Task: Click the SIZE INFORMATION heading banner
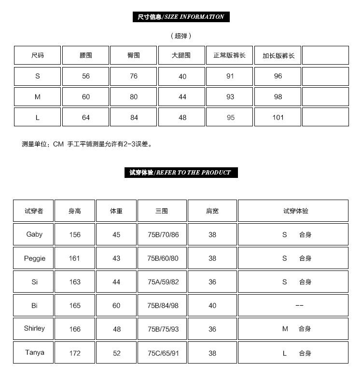point(181,17)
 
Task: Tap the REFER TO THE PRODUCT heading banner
point(181,173)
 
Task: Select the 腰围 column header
point(86,55)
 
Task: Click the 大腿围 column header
point(181,55)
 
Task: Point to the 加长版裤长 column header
point(278,55)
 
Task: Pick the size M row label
point(38,97)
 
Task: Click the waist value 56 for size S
point(86,76)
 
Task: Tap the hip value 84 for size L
point(134,118)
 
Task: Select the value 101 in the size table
point(278,118)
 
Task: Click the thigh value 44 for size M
point(182,97)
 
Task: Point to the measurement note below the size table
point(87,144)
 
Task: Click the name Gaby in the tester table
point(34,235)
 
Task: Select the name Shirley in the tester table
point(34,329)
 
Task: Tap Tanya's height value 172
point(75,353)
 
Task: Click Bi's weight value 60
point(116,306)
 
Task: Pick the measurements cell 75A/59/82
point(163,282)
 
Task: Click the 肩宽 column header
point(212,211)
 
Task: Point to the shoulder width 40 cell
point(212,306)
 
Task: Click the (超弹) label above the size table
point(181,36)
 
